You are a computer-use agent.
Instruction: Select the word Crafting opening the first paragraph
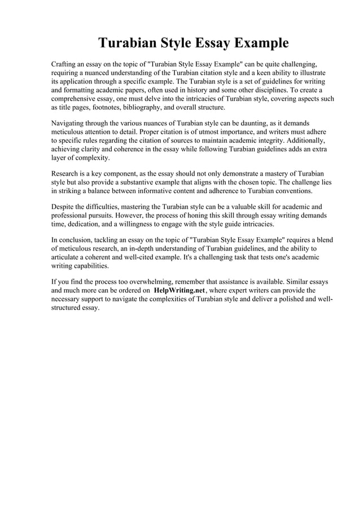pos(67,64)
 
